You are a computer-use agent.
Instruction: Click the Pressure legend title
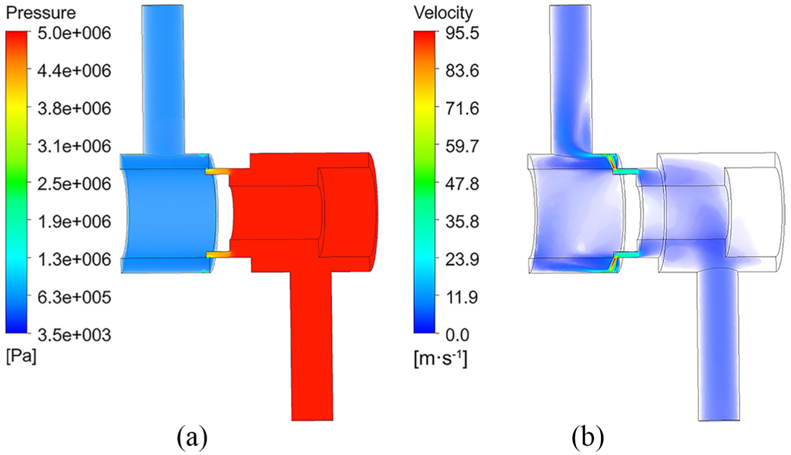pyautogui.click(x=41, y=13)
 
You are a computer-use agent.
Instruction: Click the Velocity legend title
pyautogui.click(x=443, y=13)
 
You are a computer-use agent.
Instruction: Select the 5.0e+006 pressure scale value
pyautogui.click(x=74, y=34)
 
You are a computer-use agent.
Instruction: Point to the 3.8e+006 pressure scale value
pyautogui.click(x=74, y=109)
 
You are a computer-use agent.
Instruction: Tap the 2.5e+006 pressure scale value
pyautogui.click(x=74, y=184)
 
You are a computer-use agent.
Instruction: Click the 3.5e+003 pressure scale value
pyautogui.click(x=74, y=335)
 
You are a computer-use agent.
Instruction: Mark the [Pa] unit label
pyautogui.click(x=21, y=358)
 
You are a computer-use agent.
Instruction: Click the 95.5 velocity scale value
pyautogui.click(x=462, y=34)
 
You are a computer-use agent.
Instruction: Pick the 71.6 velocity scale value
pyautogui.click(x=462, y=109)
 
